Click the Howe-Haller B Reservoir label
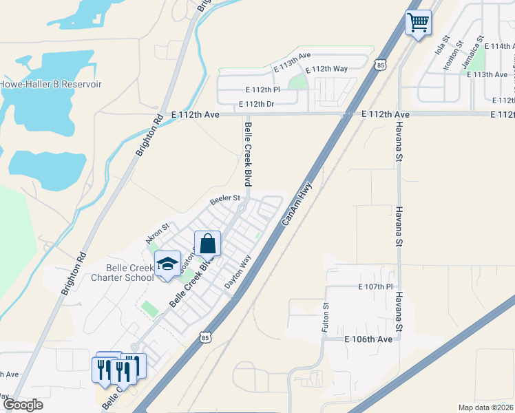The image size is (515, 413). [51, 84]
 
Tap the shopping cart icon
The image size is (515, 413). [418, 23]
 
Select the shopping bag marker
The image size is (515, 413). [207, 244]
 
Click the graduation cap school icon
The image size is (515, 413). [167, 264]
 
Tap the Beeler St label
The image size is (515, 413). [225, 198]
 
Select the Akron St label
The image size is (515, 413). [157, 233]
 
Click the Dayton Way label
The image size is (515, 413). [238, 272]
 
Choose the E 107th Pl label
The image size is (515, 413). [375, 286]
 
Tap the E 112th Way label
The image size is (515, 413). [326, 69]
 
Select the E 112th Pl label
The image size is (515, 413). [263, 89]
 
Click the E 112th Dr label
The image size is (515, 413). [256, 105]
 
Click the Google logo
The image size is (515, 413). [23, 405]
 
